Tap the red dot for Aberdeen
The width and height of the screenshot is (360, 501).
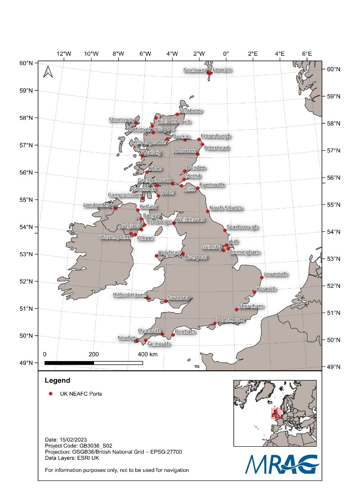point(198,154)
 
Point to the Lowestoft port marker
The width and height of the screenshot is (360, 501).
point(262,277)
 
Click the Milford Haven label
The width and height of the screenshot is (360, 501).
point(130,295)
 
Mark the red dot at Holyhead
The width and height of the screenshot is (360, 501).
point(157,256)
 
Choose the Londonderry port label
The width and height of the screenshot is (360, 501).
point(99,205)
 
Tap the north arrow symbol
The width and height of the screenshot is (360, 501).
point(48,72)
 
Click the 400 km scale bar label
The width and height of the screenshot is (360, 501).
point(147,355)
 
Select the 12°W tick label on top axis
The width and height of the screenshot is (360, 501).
point(64,53)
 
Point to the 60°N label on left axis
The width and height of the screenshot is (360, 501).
point(26,63)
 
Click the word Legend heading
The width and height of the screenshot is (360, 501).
point(57,381)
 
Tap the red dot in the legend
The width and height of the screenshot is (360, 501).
point(51,394)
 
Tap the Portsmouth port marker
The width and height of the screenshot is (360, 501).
point(214,323)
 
